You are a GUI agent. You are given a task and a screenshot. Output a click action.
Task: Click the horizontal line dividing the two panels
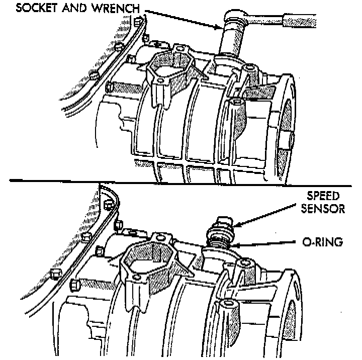181,179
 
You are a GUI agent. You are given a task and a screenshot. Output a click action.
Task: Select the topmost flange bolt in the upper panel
138,22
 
